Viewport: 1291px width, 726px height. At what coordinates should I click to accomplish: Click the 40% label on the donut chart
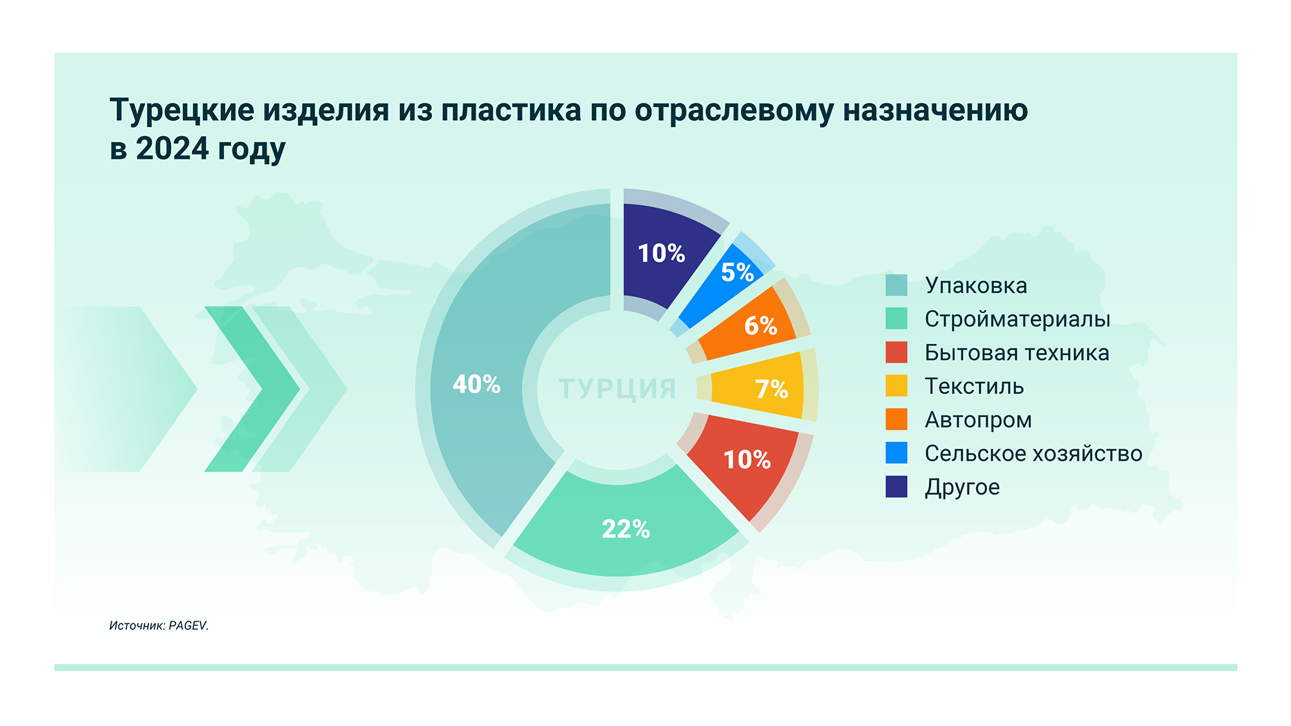pos(476,385)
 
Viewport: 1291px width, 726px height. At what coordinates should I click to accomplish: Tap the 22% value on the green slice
pos(625,529)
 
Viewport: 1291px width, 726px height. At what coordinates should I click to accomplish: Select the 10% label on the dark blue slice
pos(661,254)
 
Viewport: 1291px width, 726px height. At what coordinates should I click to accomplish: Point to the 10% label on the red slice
pos(747,460)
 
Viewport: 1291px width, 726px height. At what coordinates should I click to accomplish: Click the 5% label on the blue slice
pos(737,272)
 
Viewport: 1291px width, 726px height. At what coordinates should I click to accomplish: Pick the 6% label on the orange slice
pos(760,326)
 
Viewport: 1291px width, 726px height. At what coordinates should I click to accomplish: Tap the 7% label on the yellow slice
pos(771,389)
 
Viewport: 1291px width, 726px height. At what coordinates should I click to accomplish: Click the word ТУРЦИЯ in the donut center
pos(617,389)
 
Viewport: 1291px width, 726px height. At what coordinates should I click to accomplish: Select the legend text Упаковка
pos(975,285)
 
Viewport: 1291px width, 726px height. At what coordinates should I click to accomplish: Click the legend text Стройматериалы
pos(1017,319)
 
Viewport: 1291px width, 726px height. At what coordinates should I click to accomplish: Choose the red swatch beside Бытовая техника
pos(896,352)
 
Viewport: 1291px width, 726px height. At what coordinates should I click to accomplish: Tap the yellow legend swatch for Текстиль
pos(896,386)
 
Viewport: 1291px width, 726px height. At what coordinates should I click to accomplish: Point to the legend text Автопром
pos(978,419)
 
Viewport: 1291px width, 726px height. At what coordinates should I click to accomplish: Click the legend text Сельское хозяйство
pos(1033,453)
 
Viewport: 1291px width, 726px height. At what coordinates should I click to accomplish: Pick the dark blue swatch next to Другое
pos(896,487)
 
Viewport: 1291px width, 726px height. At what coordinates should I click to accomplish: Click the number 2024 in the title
pos(172,148)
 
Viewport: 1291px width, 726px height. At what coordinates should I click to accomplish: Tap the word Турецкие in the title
pos(182,110)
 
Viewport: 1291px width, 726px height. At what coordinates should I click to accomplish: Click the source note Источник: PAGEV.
pos(159,625)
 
